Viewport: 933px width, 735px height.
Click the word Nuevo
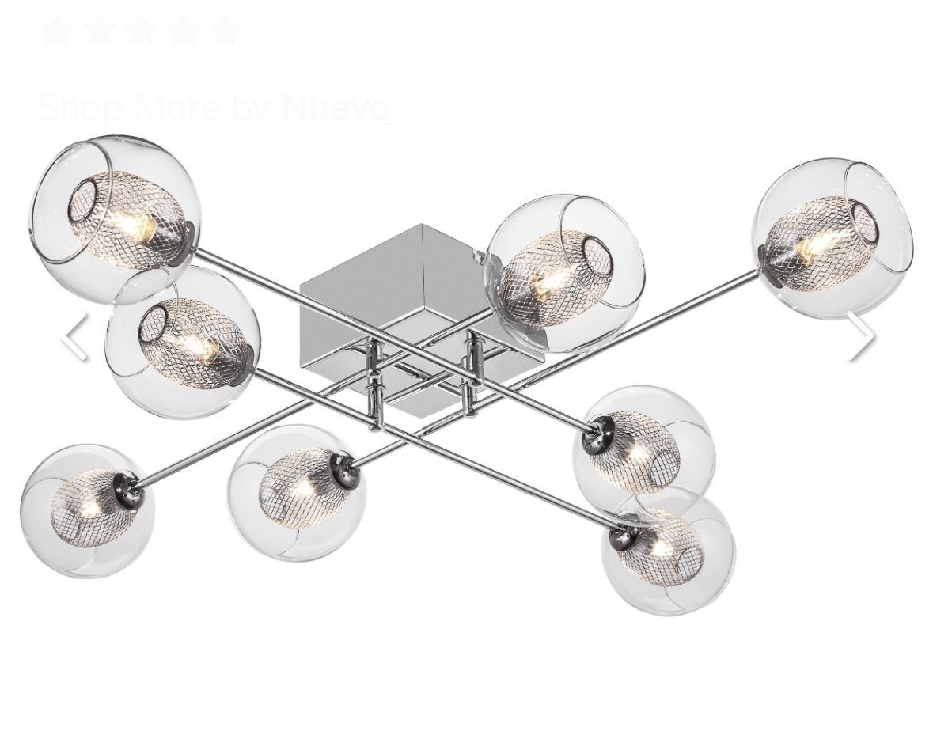336,107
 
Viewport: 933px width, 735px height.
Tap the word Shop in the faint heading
81,108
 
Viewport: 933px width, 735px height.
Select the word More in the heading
177,107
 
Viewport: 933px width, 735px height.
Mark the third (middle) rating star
142,30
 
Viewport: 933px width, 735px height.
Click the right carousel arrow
860,336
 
